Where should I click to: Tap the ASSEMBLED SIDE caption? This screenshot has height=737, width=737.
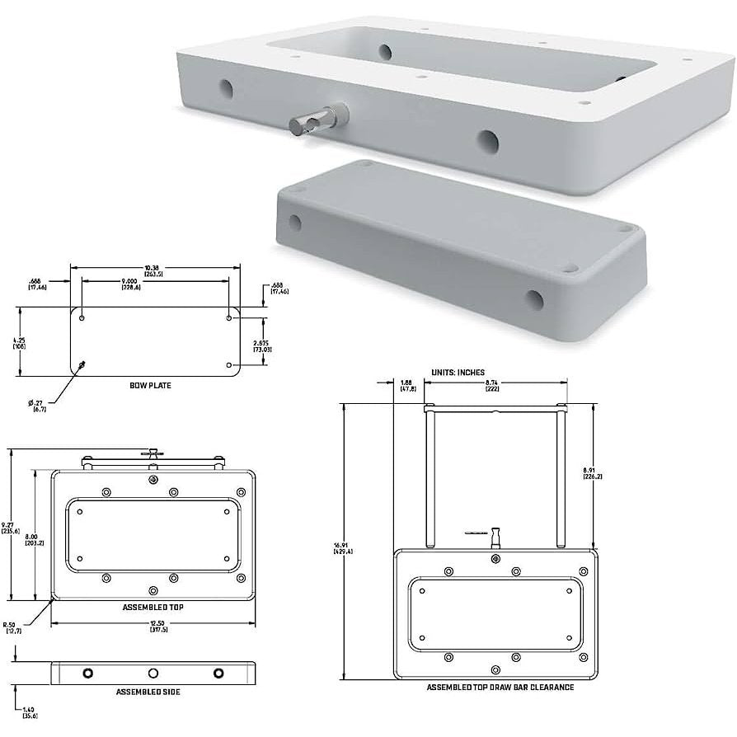pos(148,692)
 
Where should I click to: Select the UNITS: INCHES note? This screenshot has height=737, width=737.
pos(458,373)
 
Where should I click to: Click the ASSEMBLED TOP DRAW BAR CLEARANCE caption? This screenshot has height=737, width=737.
pos(500,687)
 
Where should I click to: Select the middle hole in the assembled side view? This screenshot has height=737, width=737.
pos(153,673)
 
